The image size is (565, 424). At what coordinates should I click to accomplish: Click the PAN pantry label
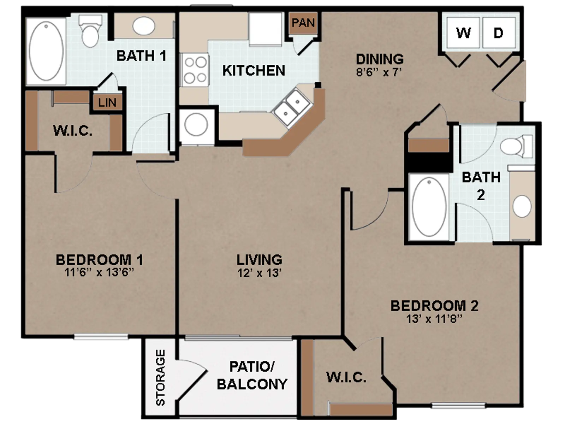click(303, 23)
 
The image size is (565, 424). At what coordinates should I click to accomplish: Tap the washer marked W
click(463, 33)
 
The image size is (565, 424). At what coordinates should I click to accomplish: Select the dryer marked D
click(499, 33)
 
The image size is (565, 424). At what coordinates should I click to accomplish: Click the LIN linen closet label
click(107, 102)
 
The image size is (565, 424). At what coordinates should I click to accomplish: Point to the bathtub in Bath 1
click(46, 51)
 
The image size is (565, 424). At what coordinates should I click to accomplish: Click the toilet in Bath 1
click(90, 31)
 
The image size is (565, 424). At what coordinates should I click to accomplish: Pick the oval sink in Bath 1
click(144, 26)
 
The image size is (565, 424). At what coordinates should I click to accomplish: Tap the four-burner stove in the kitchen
click(195, 70)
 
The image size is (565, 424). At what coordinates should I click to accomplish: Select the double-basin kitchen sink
click(292, 108)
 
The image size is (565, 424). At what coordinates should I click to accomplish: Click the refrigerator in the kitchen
click(265, 29)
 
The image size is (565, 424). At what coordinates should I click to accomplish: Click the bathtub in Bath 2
click(429, 207)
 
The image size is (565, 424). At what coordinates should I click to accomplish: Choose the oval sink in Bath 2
click(522, 206)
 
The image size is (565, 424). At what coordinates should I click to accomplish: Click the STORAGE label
click(160, 377)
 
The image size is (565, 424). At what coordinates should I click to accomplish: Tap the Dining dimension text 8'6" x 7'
click(379, 72)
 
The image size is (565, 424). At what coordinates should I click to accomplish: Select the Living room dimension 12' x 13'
click(259, 273)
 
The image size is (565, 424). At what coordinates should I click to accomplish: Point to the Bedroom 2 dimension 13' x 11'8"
click(434, 319)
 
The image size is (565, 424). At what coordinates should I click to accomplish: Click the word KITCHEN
click(254, 71)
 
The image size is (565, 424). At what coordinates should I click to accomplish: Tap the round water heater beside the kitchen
click(196, 124)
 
